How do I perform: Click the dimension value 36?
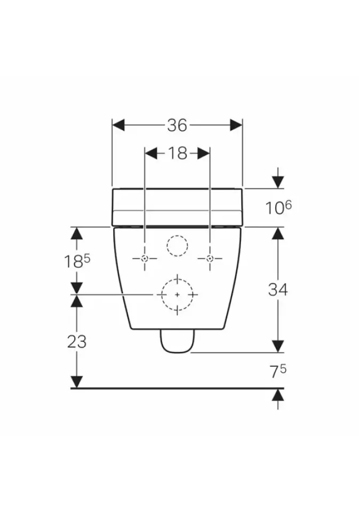[177, 125]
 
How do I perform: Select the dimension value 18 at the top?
[177, 153]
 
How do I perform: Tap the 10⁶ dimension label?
[278, 207]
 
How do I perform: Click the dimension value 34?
[278, 289]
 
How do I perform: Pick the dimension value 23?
[77, 341]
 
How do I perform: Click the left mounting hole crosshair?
[145, 259]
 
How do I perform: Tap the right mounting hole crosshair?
[210, 259]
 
